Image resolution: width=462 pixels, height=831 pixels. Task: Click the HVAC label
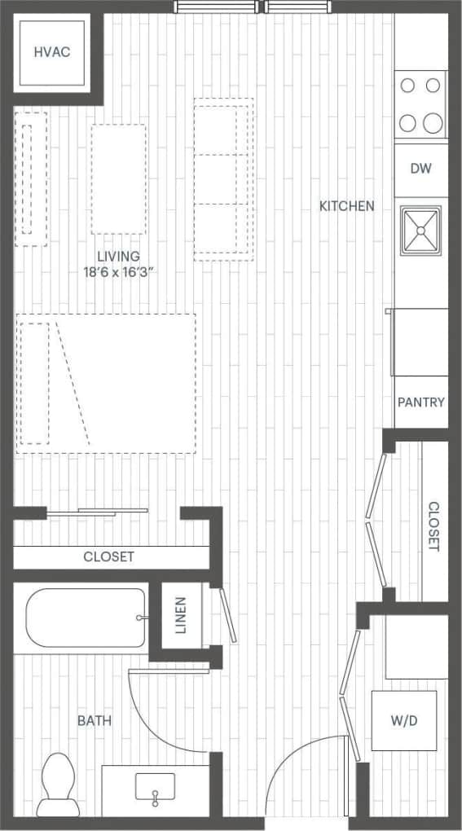click(x=52, y=53)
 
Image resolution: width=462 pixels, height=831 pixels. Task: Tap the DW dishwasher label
click(x=420, y=169)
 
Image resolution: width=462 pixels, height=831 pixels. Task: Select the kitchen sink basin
click(x=420, y=231)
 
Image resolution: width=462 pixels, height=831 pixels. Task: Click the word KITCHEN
click(x=347, y=206)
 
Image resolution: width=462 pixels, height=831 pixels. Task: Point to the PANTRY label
click(x=421, y=402)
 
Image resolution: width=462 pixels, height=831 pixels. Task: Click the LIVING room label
click(x=117, y=256)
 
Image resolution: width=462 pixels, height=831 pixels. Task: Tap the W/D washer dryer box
click(x=404, y=720)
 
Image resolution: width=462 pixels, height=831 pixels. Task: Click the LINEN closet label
click(x=181, y=615)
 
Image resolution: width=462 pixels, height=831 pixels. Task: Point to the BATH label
click(x=95, y=720)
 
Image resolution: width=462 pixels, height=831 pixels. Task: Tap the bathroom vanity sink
click(x=155, y=790)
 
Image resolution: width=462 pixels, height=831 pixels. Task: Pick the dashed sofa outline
click(x=223, y=179)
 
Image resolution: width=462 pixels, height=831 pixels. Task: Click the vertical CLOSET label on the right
click(x=434, y=526)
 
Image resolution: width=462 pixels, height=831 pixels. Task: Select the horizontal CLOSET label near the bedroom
click(x=108, y=557)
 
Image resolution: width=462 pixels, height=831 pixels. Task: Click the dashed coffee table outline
click(x=118, y=179)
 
